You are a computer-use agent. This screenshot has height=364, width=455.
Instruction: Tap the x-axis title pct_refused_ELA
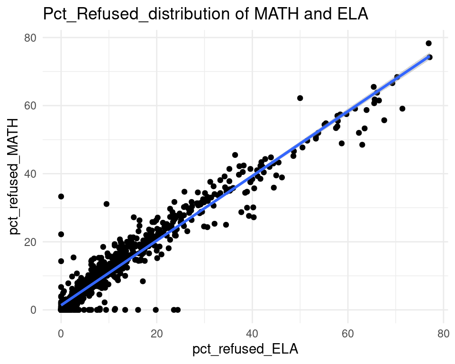tap(245, 350)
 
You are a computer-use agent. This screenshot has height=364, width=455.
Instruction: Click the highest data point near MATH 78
tap(428, 43)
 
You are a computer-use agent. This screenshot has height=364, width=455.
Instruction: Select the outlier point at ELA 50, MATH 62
tap(300, 98)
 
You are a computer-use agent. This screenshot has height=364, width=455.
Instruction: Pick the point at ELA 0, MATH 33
tap(61, 196)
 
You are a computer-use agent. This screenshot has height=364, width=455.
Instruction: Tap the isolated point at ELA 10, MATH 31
tap(107, 204)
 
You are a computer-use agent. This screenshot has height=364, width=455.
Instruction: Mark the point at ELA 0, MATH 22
tap(61, 234)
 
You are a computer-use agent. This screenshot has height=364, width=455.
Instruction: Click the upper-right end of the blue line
tap(428, 56)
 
